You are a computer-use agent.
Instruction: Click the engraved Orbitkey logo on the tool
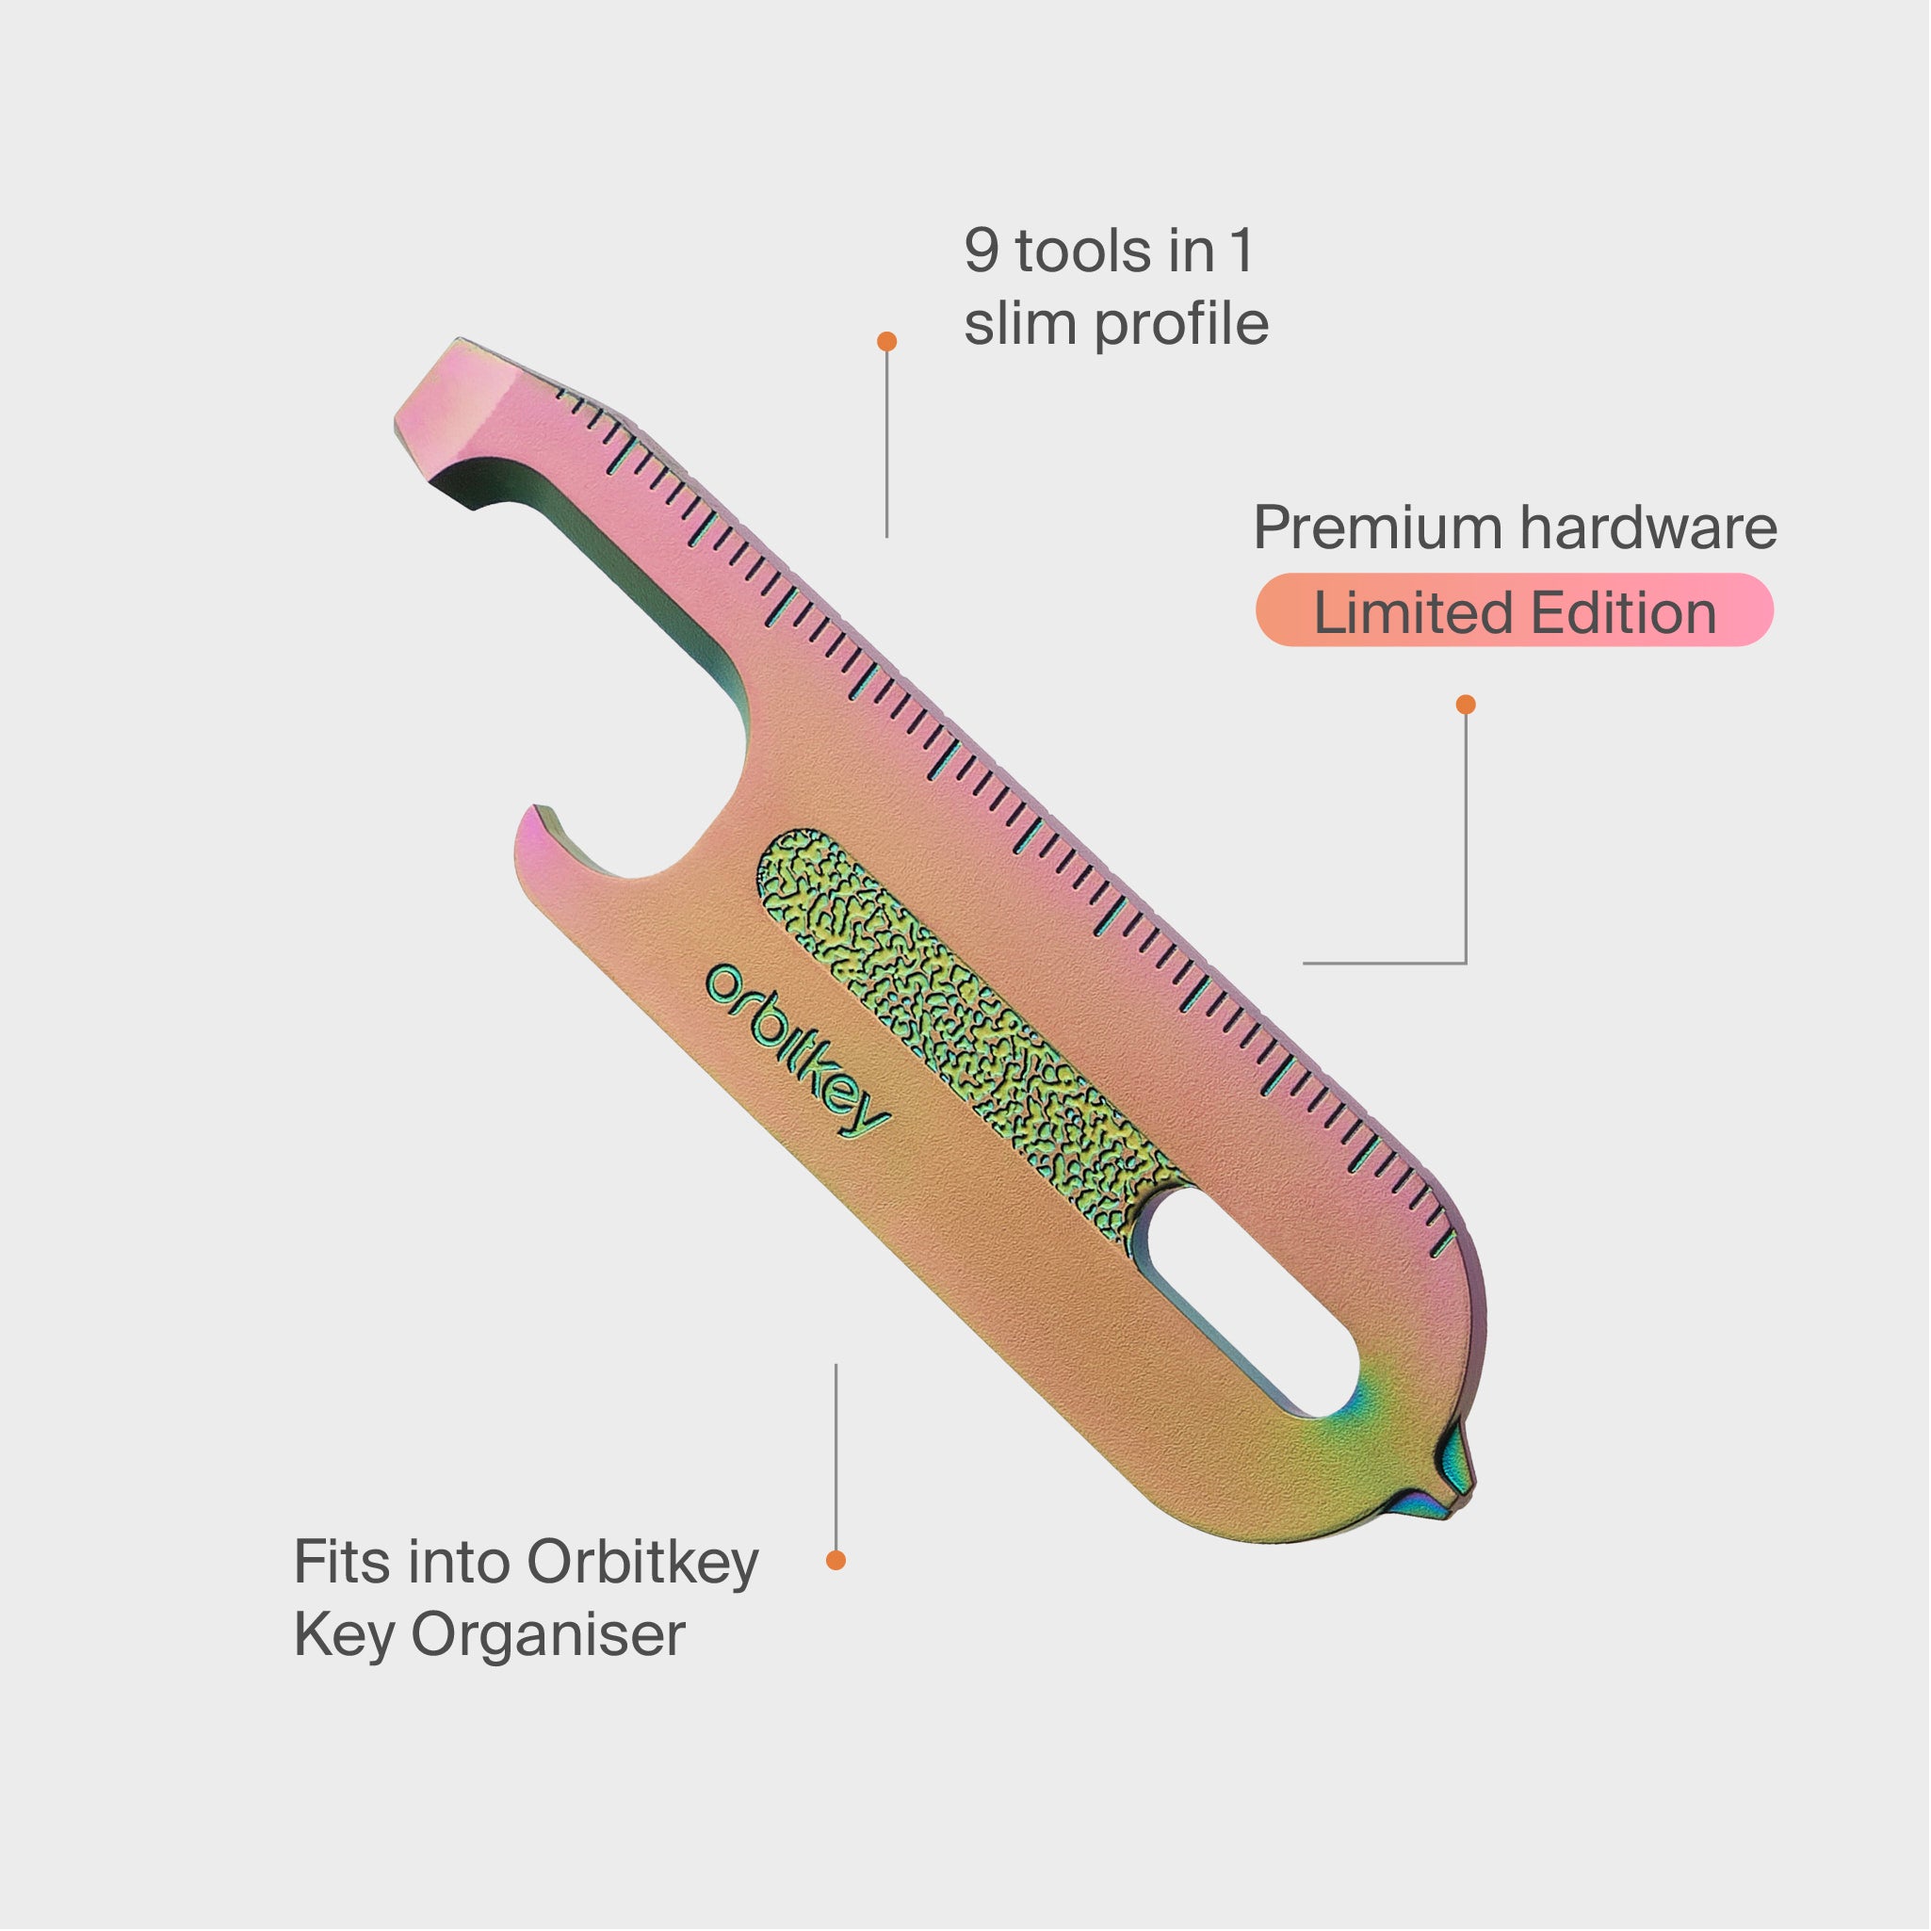click(x=797, y=1051)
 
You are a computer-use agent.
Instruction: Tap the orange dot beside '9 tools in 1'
click(x=886, y=342)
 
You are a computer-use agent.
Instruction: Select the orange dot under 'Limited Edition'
click(x=1467, y=705)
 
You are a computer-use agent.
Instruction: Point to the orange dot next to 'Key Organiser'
click(x=836, y=1560)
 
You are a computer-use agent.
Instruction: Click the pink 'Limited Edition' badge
click(x=1516, y=610)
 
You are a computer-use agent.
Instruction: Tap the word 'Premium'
click(x=1377, y=527)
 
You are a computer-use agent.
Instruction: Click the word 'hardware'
click(x=1649, y=527)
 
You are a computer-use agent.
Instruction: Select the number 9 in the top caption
click(x=982, y=251)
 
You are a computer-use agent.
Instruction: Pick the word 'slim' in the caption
click(x=1019, y=324)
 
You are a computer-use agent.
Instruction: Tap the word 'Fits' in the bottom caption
click(x=342, y=1561)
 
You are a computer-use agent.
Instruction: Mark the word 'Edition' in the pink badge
click(x=1624, y=612)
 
